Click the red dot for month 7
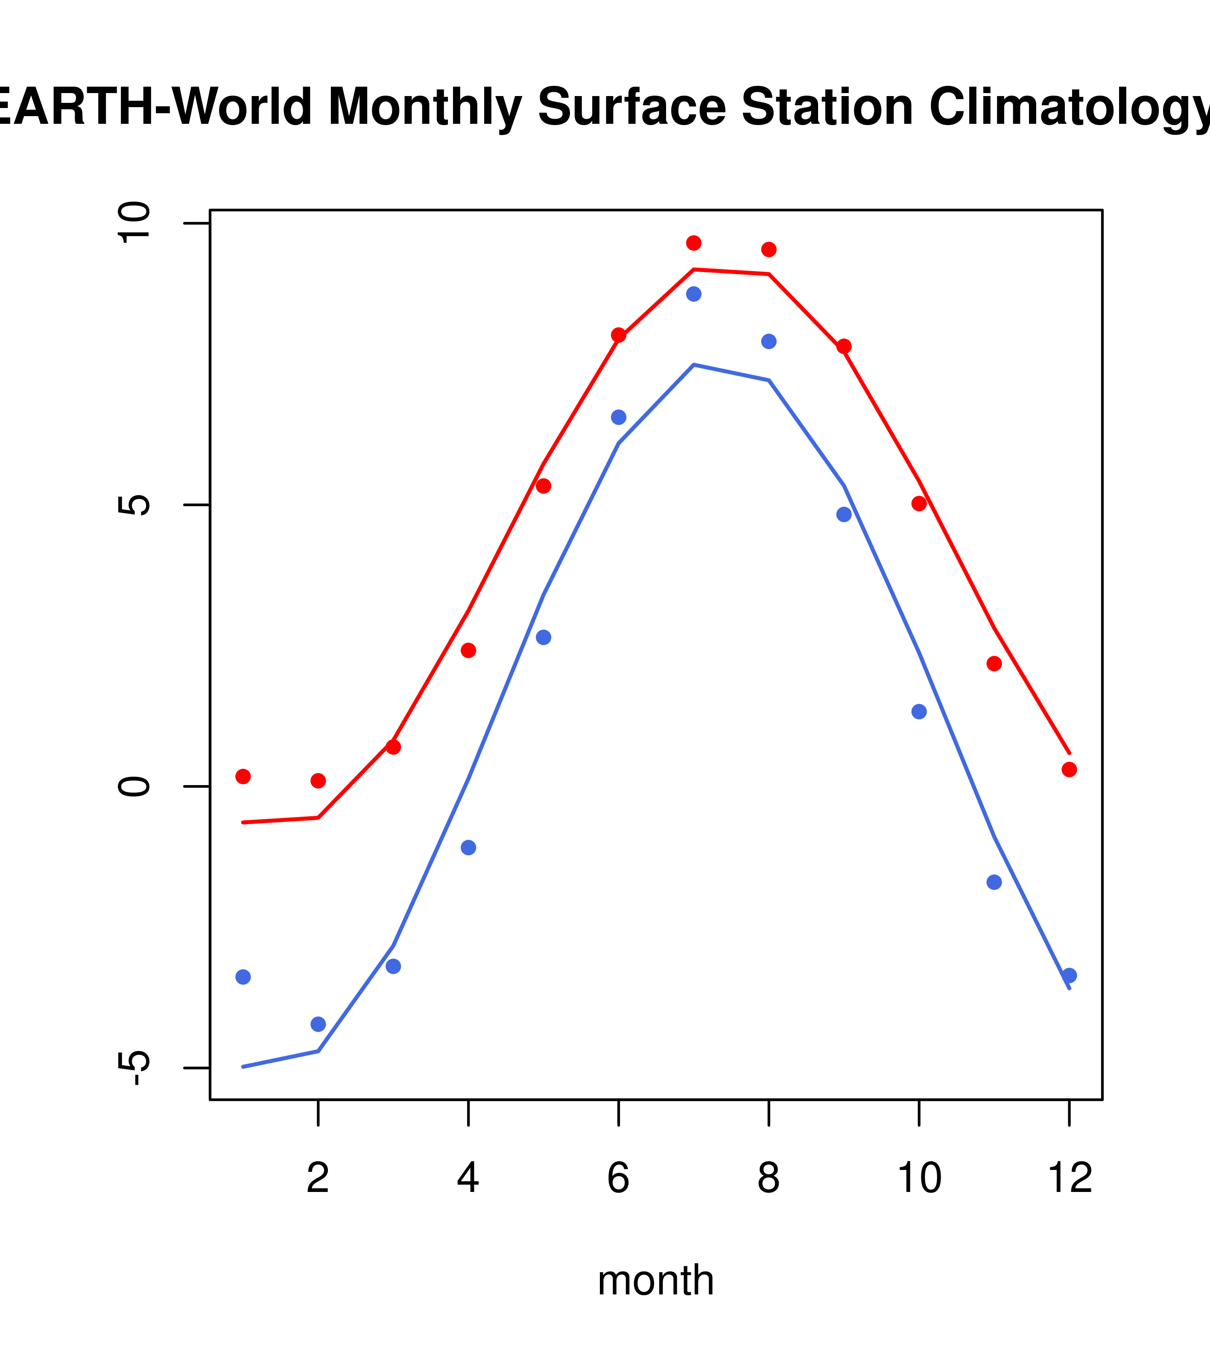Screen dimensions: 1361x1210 tap(694, 243)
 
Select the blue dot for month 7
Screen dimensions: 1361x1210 tap(694, 294)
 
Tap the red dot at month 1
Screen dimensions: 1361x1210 tap(243, 777)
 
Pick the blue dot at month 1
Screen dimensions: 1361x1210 tap(243, 977)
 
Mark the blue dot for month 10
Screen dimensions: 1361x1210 tap(919, 712)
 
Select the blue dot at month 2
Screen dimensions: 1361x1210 tap(319, 1024)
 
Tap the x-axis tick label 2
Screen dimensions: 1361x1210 tap(319, 1178)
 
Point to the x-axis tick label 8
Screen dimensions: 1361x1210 tap(769, 1178)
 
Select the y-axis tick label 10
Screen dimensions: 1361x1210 tap(133, 223)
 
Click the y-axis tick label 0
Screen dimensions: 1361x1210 tap(133, 786)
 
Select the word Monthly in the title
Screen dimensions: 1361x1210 tap(424, 108)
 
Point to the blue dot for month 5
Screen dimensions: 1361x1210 tap(544, 637)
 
